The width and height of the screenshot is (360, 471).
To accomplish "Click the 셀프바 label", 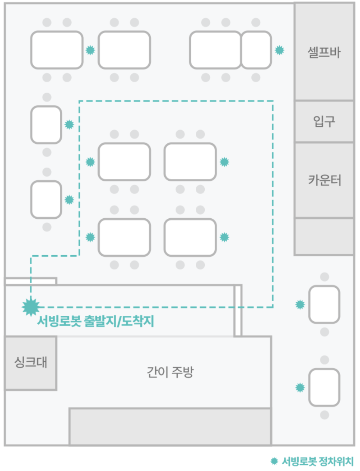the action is coord(324,52).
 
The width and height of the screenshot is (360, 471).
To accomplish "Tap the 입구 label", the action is coord(324,121).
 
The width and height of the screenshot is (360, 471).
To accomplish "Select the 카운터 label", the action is coord(325,180).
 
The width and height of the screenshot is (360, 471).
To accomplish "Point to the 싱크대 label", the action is coord(31,362).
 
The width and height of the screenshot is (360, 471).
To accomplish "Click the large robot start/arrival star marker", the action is coord(31,307).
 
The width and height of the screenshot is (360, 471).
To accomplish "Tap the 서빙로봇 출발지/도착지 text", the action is coord(96,321).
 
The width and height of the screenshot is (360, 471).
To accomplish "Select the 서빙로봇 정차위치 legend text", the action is coord(318,461).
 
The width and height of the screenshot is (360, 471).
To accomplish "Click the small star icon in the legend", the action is coord(274,461).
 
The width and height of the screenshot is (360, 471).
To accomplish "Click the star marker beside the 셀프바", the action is coord(279,50).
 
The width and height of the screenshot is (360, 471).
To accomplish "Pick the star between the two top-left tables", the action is coord(90,50).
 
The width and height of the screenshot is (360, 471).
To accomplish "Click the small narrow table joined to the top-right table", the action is coord(256,50).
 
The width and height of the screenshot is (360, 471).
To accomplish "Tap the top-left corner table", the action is coord(57,50).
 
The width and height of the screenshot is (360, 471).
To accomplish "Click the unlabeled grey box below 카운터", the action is coord(324,237).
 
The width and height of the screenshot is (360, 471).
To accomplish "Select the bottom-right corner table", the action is coord(325,387).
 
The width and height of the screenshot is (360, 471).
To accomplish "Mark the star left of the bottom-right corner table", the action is coord(300,387).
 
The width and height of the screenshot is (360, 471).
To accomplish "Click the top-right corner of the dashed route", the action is coord(273,101).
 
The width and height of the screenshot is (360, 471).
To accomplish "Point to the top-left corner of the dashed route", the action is coord(80,101).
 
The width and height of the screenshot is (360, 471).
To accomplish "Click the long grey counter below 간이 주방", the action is coord(170,427).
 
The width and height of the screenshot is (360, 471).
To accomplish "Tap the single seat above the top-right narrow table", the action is coord(256,22).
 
